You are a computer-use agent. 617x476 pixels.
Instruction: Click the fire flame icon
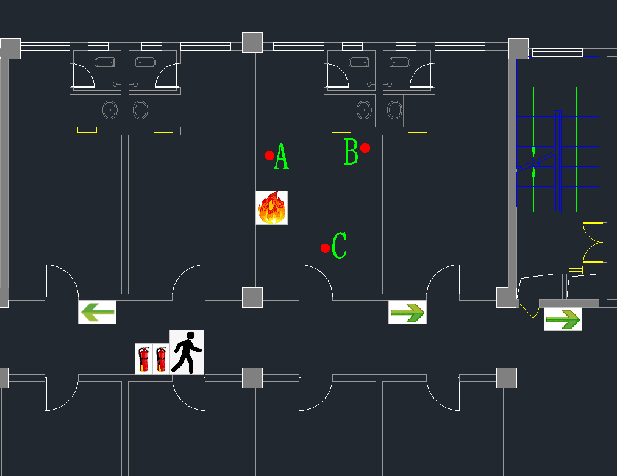(271, 208)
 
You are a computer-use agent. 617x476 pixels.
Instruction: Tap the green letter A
(281, 156)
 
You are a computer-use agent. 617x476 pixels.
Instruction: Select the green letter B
(351, 151)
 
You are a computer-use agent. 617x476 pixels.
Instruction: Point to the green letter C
(339, 246)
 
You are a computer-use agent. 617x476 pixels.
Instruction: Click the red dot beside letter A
(269, 156)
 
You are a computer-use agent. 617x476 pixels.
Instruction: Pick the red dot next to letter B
(365, 148)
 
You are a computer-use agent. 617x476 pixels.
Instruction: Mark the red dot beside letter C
(325, 248)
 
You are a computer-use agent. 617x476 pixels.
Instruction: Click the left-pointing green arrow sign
(97, 312)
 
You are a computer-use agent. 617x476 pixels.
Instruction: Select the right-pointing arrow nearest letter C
(407, 312)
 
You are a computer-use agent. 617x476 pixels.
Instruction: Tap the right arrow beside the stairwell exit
(563, 319)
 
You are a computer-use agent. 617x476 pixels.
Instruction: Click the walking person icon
(187, 352)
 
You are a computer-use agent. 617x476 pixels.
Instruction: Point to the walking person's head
(191, 336)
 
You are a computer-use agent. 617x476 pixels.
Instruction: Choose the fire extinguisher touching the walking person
(161, 359)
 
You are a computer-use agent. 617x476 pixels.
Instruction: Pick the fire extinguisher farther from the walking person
(144, 359)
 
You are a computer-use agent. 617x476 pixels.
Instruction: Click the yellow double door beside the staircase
(593, 243)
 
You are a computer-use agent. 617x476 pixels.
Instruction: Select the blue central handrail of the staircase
(557, 162)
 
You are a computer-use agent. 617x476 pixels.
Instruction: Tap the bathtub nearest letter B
(359, 62)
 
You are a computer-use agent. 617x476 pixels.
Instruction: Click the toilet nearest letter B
(365, 110)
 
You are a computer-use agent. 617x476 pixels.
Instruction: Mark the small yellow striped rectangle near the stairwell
(576, 270)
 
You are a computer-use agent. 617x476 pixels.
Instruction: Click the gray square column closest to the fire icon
(252, 297)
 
